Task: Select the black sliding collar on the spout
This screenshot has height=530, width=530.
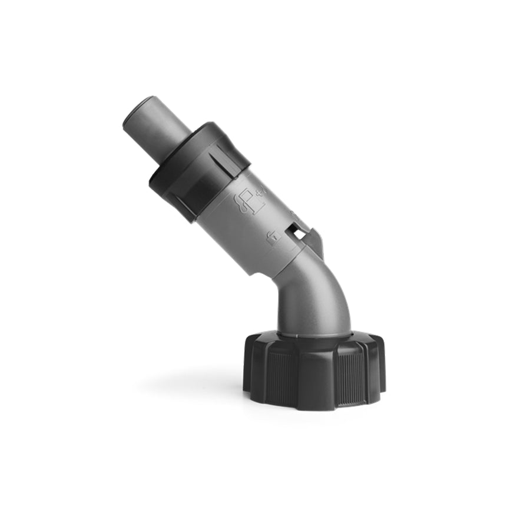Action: [194, 168]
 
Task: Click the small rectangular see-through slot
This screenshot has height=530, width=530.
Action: [300, 234]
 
